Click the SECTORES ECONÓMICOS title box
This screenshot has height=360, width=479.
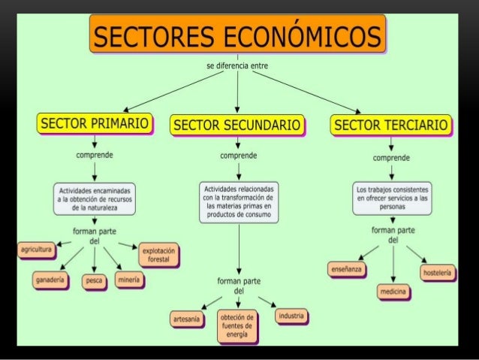point(237,35)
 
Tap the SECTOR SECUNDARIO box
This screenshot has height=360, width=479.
point(236,125)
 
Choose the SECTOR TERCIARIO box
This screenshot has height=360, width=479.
point(391,124)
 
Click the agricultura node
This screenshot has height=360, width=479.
point(35,249)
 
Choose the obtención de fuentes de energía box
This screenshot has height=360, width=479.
point(236,328)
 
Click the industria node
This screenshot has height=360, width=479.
point(291,316)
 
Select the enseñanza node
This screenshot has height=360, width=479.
point(346,268)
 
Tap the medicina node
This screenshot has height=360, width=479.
point(393,291)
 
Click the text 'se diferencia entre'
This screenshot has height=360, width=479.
point(236,66)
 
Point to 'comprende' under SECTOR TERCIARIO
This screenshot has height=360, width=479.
point(391,159)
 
